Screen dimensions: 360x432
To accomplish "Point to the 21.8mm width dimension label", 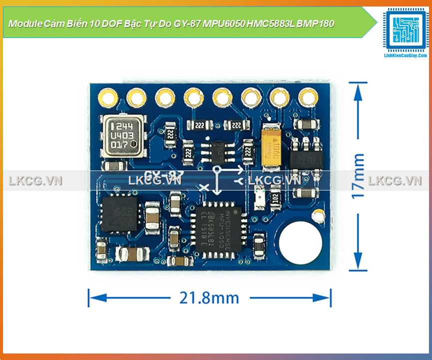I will pos(209,298).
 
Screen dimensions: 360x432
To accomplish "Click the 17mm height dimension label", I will pos(358,176).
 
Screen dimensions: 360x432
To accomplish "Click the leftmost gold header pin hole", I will pos(107,96).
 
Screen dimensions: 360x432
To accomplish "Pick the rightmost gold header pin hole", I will pos(305,96).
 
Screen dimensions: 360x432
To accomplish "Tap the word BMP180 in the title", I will pos(316,23).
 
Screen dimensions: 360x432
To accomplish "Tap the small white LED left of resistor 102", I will pos(259,197).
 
